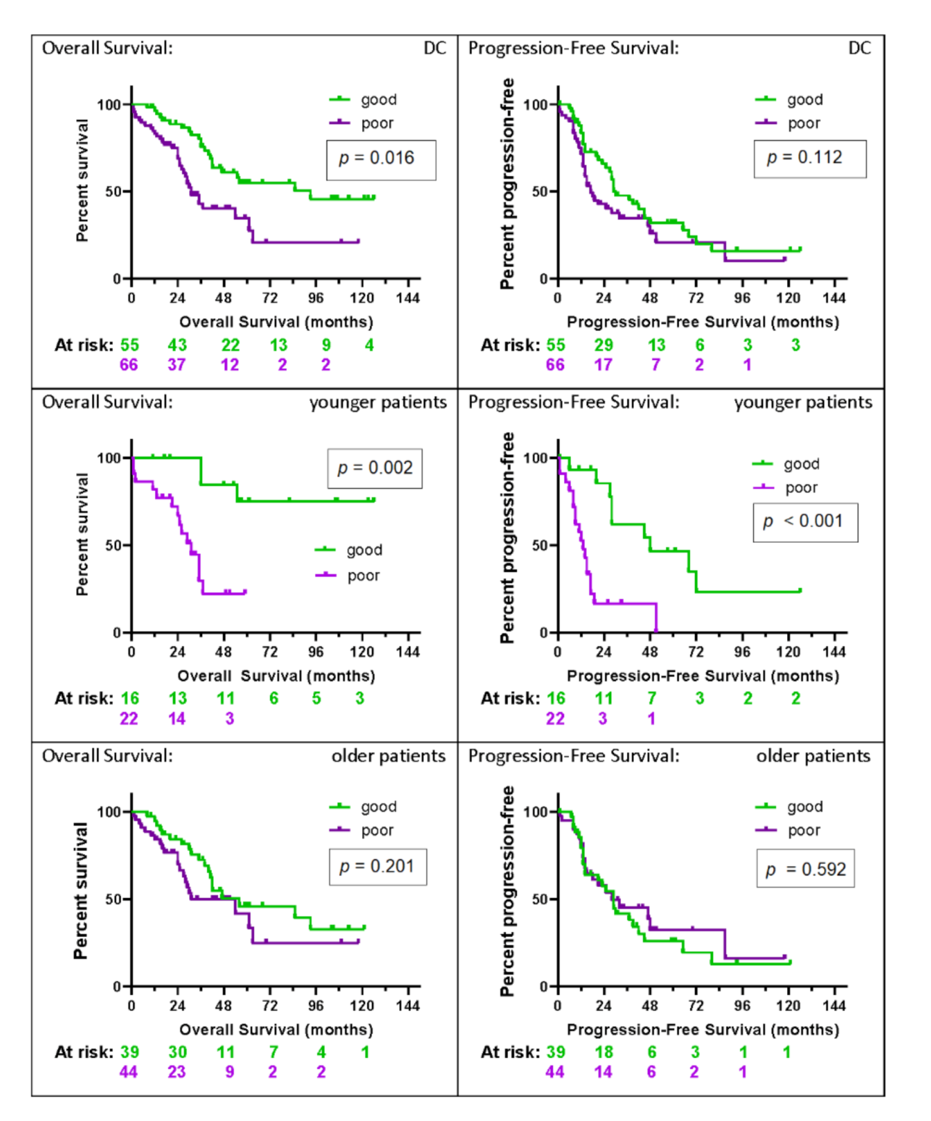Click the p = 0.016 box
click(x=381, y=160)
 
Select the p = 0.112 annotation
click(x=809, y=159)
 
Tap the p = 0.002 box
click(x=374, y=469)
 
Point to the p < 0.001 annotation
click(x=805, y=522)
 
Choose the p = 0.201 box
click(x=377, y=867)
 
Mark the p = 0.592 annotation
click(x=805, y=869)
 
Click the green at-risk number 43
click(x=177, y=346)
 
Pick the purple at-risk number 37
click(x=177, y=365)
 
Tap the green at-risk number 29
click(x=604, y=346)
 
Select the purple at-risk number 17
click(x=603, y=365)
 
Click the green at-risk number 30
click(x=177, y=1052)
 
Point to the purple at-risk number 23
click(x=177, y=1072)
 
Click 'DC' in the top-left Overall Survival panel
click(x=435, y=48)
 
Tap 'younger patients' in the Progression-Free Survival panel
click(x=803, y=402)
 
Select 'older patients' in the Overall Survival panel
click(x=388, y=756)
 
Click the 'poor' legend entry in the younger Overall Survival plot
click(x=363, y=576)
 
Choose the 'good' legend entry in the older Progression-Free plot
click(x=804, y=807)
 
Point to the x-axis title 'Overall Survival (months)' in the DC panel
click(x=276, y=322)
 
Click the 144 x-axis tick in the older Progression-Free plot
click(x=834, y=1005)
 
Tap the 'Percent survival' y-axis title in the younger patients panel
click(x=82, y=535)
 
